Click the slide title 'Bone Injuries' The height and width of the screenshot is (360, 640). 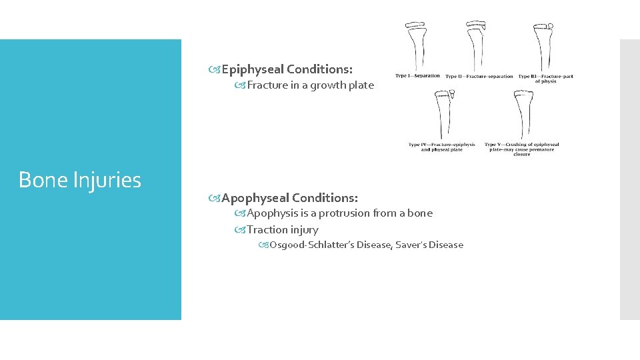(x=80, y=180)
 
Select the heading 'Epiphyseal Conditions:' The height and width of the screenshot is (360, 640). (x=287, y=69)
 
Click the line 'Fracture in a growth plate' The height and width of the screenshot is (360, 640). (x=310, y=85)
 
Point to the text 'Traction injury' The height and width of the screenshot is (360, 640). (x=283, y=230)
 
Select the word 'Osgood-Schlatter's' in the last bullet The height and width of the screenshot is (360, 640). (x=312, y=245)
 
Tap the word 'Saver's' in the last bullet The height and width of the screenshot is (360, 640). (x=411, y=245)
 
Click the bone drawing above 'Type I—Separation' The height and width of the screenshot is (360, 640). (x=417, y=45)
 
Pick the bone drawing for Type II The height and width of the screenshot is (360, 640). (x=476, y=45)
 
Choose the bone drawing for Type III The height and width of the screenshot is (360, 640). (x=543, y=47)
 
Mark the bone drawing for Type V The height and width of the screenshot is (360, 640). (x=521, y=115)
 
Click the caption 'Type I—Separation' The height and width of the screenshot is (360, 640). (x=418, y=76)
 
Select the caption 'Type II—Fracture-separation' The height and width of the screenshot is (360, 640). (x=479, y=77)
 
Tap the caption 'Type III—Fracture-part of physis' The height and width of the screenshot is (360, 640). (x=545, y=79)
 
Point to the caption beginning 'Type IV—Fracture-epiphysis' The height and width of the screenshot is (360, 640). (x=442, y=147)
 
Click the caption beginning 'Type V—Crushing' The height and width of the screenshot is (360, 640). (x=521, y=149)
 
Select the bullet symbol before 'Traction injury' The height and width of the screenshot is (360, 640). (x=240, y=230)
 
